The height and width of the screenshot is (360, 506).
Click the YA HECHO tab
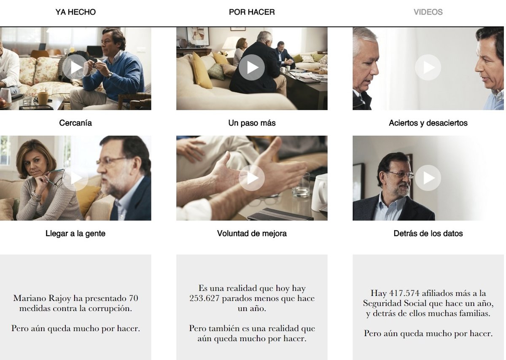pos(75,12)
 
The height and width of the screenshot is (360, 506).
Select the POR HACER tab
pos(252,12)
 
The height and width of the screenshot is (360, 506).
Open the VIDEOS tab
pos(428,12)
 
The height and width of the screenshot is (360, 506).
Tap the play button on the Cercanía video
pos(75,67)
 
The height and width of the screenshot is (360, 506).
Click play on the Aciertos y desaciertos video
pos(428,67)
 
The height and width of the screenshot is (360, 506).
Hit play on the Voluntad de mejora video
pos(252,178)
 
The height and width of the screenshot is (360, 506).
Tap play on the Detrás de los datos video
pos(428,178)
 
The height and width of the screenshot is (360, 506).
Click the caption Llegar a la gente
pos(75,234)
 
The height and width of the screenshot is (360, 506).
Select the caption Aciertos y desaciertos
pos(428,123)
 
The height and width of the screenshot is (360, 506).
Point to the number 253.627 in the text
pos(205,298)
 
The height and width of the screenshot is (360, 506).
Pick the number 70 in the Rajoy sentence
pos(134,298)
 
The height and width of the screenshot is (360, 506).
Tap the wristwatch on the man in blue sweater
pos(110,75)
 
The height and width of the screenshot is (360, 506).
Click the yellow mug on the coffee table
pos(43,98)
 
